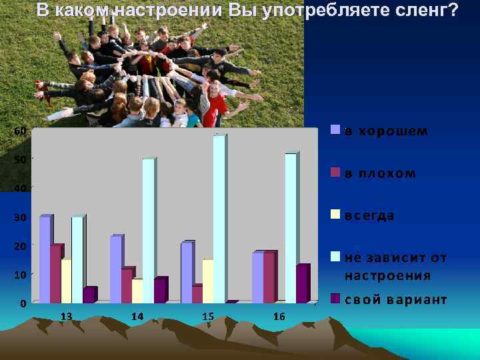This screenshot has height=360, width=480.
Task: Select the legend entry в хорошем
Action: click(386, 131)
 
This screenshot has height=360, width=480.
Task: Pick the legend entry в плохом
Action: click(380, 173)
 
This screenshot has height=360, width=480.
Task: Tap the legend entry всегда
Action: click(369, 216)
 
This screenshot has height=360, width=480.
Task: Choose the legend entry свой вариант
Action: click(395, 299)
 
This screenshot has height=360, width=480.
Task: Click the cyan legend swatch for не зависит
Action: click(336, 257)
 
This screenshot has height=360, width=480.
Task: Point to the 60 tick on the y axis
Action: click(21, 131)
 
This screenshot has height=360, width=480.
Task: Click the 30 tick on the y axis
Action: click(21, 217)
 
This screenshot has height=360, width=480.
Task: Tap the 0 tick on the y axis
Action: click(23, 303)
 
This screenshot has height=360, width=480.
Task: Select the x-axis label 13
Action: click(67, 316)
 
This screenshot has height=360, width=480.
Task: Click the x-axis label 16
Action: click(279, 316)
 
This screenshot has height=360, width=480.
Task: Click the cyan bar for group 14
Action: click(148, 230)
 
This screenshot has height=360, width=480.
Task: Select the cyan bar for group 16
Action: click(290, 227)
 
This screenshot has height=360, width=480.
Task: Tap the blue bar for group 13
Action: click(45, 259)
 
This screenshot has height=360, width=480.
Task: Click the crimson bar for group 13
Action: click(55, 273)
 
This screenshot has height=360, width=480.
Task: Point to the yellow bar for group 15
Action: click(207, 281)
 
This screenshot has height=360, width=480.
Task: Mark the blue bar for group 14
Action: click(115, 269)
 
